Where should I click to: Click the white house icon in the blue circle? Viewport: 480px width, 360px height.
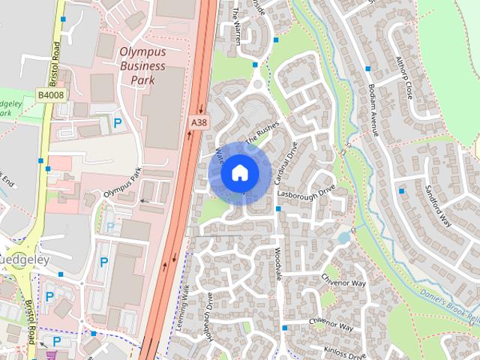pos(239,172)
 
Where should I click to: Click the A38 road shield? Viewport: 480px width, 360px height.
pos(198,122)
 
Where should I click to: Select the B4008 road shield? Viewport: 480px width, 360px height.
pos(50,95)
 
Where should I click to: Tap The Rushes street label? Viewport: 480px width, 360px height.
pos(262,133)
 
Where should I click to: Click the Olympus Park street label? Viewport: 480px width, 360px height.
pos(122,184)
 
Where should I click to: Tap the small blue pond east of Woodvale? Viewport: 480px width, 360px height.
pos(343,238)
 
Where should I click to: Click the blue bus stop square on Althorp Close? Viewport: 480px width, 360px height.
pos(368,69)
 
